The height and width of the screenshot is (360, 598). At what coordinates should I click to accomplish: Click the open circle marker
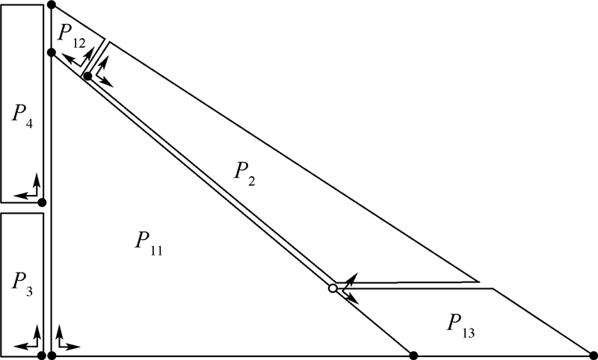pyautogui.click(x=333, y=288)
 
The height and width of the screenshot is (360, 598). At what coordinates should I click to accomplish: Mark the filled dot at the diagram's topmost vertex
pyautogui.click(x=51, y=5)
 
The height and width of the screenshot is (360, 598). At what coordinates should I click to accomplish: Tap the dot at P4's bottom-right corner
pyautogui.click(x=42, y=202)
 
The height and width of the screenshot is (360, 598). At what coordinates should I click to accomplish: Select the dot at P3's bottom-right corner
pyautogui.click(x=42, y=355)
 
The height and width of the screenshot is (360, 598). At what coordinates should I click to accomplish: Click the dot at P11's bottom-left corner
pyautogui.click(x=52, y=355)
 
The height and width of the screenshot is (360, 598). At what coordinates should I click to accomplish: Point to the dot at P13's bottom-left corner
pyautogui.click(x=413, y=354)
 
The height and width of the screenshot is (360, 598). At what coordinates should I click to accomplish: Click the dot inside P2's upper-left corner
pyautogui.click(x=87, y=76)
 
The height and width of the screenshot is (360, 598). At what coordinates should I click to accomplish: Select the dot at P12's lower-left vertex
pyautogui.click(x=51, y=52)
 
